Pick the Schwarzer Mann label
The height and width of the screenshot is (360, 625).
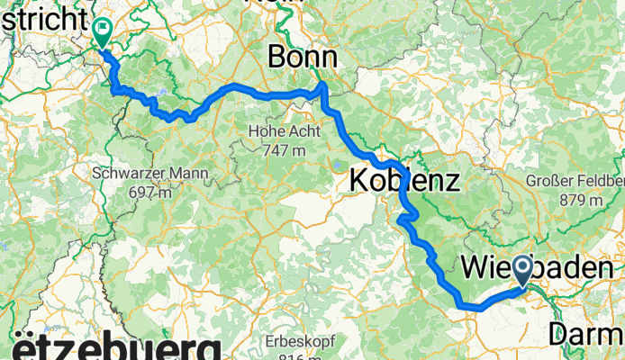coord(150,173)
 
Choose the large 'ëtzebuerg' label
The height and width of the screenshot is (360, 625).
coord(116,348)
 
